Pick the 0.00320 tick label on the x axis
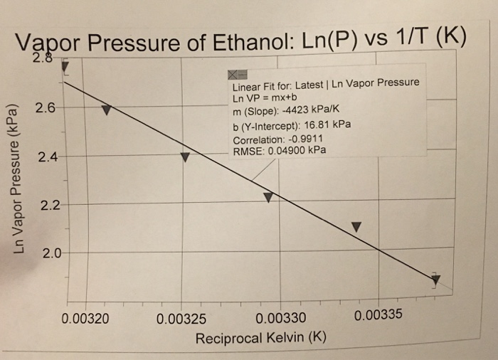pos(86,318)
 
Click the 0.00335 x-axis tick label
pos(378,314)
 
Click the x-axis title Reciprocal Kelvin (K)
pos(260,337)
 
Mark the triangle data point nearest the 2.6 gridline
pos(106,110)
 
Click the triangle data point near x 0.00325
pos(185,157)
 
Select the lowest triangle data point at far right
pos(435,279)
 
